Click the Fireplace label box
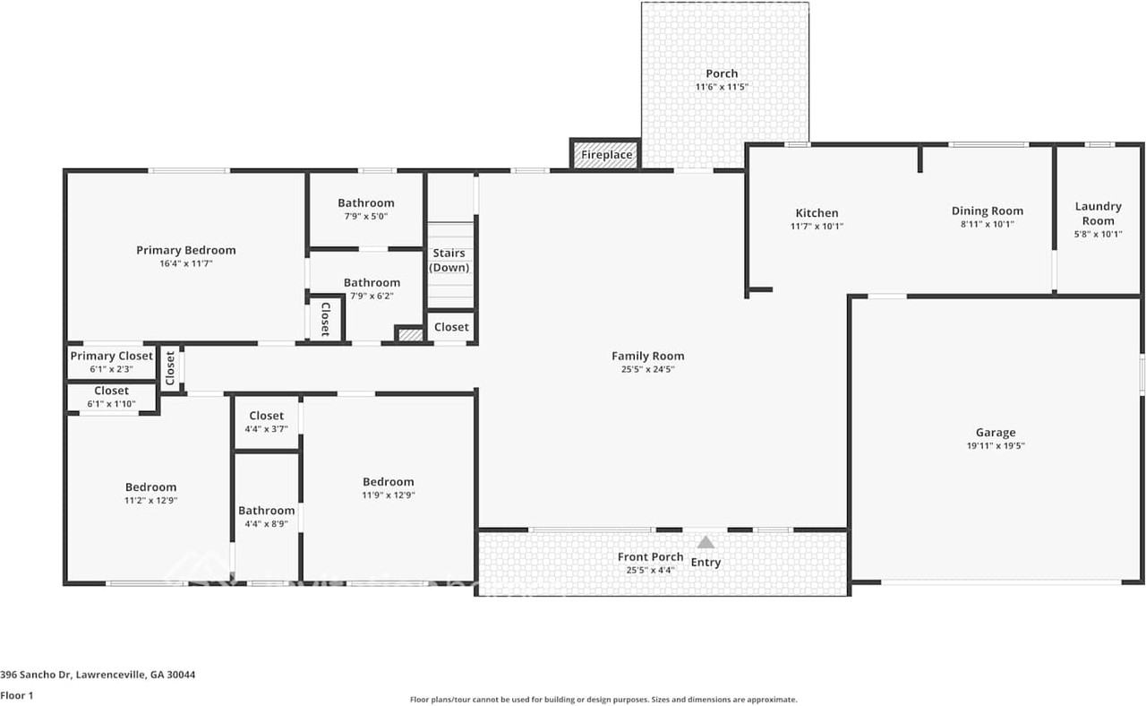[606, 155]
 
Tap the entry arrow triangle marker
[706, 542]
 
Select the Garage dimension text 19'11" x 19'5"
[996, 445]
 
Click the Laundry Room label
[1098, 213]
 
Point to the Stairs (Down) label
[449, 261]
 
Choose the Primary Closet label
[112, 356]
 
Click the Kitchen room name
[817, 213]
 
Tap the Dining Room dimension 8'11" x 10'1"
[988, 225]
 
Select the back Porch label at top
[722, 73]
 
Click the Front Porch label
[650, 557]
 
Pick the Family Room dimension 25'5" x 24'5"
[647, 369]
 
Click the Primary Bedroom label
[186, 250]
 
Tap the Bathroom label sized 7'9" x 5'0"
[365, 203]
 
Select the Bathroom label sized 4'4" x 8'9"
[266, 511]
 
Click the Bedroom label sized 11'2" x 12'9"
[150, 487]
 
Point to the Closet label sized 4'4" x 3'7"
[266, 416]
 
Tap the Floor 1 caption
[17, 695]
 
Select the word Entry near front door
[706, 563]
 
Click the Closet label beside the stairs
[451, 327]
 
